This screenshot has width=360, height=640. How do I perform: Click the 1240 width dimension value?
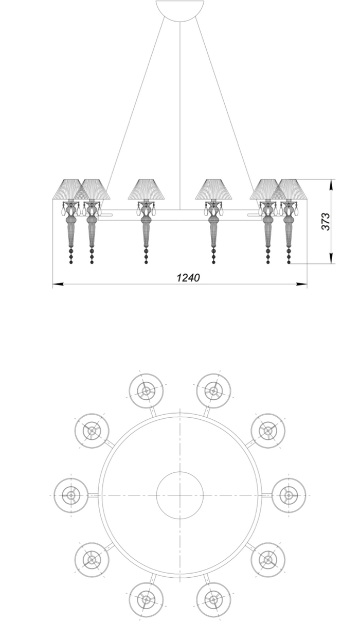click(188, 277)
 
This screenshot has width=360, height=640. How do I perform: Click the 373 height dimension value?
click(326, 221)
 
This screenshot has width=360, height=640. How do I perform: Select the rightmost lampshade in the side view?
click(289, 189)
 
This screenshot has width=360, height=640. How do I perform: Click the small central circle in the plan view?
click(179, 495)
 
